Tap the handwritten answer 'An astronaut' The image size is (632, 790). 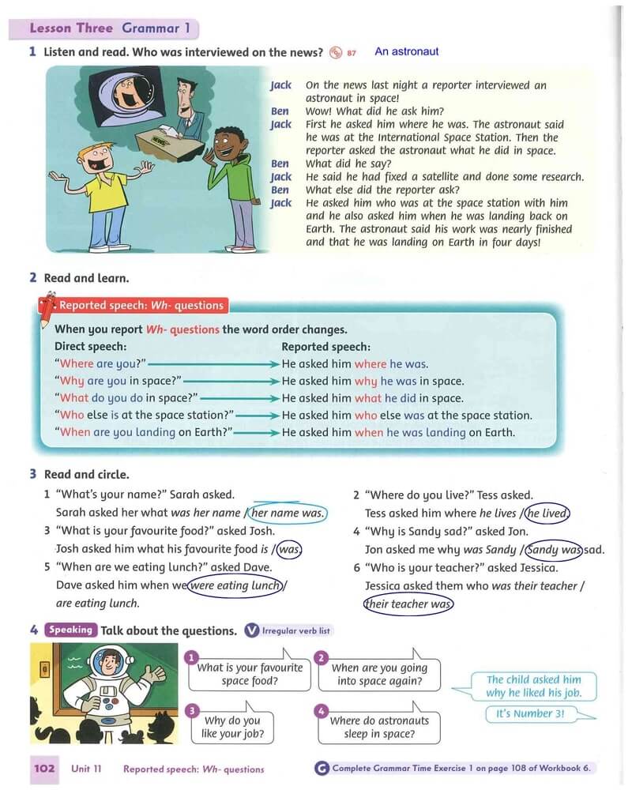[406, 52]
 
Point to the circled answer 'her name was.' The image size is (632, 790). [288, 513]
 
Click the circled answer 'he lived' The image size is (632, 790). [547, 513]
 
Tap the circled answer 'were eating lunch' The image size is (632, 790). [235, 585]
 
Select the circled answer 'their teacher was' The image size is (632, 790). [409, 604]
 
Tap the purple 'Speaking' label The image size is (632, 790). [71, 630]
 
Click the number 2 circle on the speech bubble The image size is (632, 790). [321, 658]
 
